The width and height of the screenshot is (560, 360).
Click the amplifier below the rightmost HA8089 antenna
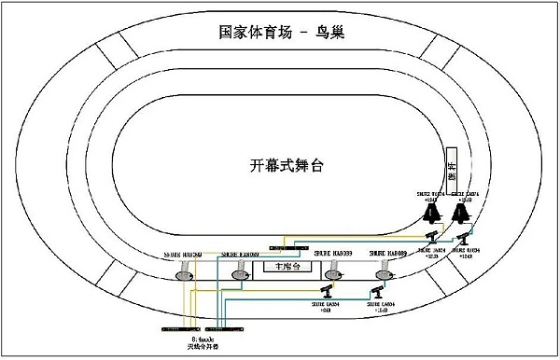[379, 296]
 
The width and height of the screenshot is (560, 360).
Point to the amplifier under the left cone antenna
[433, 238]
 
